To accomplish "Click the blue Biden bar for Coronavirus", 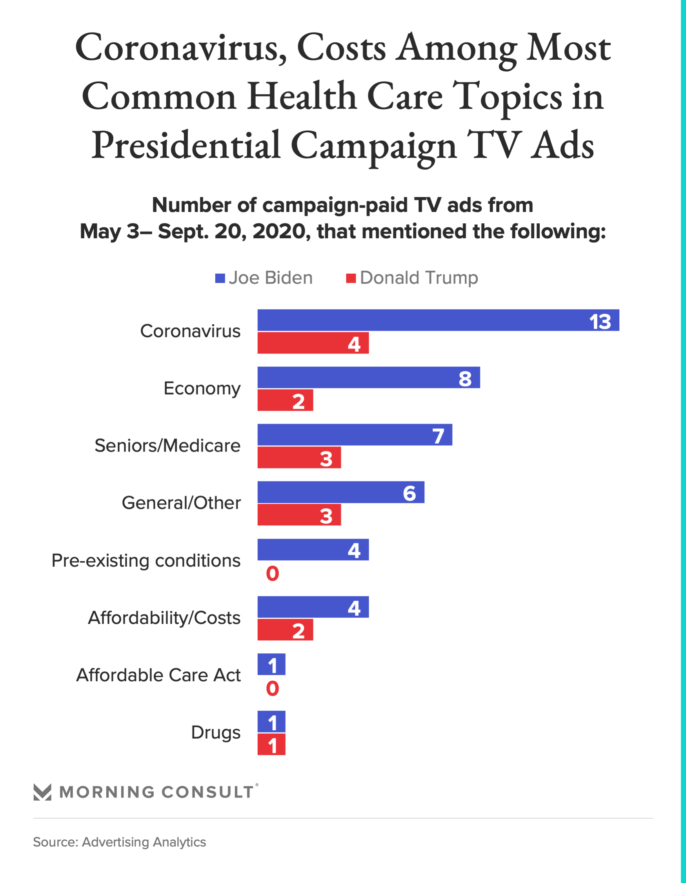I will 438,320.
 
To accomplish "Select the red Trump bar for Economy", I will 285,400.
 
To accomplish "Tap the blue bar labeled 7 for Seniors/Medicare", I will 355,435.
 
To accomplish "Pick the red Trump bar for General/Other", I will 299,515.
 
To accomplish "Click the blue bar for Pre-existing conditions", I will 313,549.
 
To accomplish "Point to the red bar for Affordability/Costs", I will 285,629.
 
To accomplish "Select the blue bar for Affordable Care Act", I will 271,664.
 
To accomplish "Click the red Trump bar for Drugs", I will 271,744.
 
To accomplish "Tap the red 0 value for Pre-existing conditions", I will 272,573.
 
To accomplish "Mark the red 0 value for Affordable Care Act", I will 272,688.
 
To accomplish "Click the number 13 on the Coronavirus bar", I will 600,322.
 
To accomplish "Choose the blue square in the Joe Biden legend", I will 220,278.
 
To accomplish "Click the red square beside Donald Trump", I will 351,278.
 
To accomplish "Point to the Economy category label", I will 202,389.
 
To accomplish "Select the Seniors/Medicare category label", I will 167,446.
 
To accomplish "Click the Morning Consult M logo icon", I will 42,792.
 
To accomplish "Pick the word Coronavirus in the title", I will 180,48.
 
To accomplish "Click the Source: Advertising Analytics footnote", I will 120,842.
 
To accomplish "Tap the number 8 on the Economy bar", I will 465,379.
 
